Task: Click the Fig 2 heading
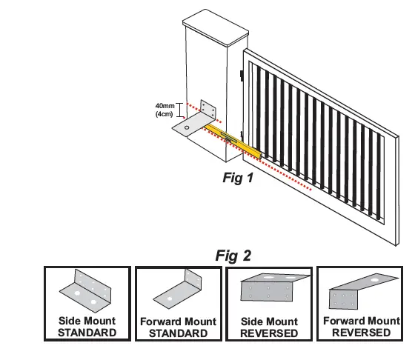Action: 233,256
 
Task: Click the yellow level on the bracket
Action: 233,139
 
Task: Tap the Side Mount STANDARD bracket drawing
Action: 87,293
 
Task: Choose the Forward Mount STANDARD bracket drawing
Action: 179,293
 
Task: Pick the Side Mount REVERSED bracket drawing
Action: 270,291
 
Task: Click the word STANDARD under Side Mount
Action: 87,333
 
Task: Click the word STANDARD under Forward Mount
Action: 179,333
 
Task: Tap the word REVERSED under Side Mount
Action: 270,333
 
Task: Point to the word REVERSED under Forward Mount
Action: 362,333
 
